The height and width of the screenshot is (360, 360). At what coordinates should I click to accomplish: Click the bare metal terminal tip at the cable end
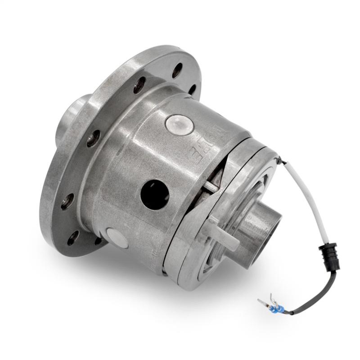261,301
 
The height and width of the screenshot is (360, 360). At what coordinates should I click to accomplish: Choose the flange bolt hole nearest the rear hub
95,139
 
